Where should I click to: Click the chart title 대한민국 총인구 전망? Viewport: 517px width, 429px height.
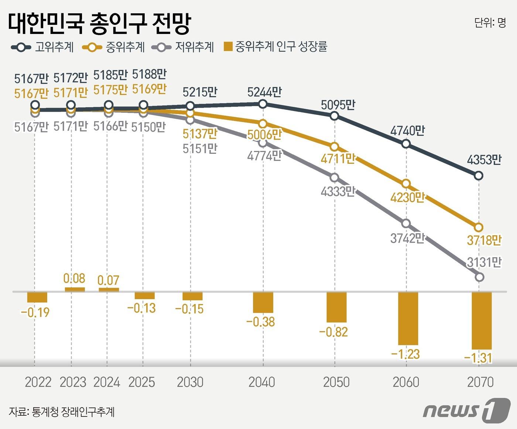[x=99, y=24]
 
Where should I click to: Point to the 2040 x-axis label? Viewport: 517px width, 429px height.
[x=262, y=382]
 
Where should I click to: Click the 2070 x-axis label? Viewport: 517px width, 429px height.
[x=480, y=382]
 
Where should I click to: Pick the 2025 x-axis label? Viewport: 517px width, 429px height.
[x=141, y=382]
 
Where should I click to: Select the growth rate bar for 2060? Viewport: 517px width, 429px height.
[x=408, y=318]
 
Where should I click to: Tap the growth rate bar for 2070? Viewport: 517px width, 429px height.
[x=482, y=320]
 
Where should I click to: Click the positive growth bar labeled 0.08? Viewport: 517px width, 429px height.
[x=75, y=290]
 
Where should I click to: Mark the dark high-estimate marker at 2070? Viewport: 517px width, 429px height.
[x=479, y=176]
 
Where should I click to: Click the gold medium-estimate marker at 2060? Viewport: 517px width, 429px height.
[x=406, y=184]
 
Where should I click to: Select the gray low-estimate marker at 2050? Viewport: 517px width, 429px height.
[x=335, y=178]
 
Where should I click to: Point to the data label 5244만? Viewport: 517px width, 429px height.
[x=264, y=92]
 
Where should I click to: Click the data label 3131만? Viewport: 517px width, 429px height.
[x=484, y=262]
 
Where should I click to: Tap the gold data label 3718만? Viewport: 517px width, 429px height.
[x=484, y=240]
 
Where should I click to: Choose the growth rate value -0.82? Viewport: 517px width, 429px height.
[x=333, y=332]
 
